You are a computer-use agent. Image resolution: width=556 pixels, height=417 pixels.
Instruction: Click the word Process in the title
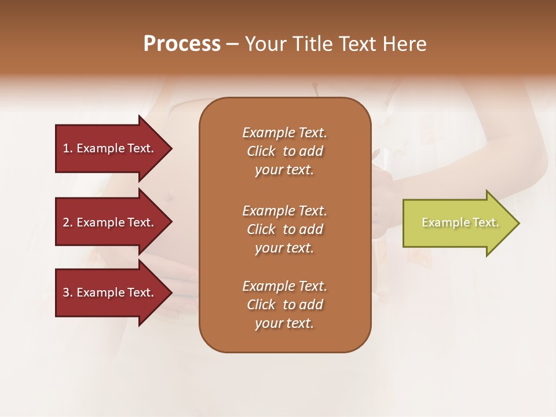point(182,44)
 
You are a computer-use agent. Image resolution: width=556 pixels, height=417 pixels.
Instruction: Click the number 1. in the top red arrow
point(68,148)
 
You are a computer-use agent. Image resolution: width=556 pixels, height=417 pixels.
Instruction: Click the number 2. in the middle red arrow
point(68,222)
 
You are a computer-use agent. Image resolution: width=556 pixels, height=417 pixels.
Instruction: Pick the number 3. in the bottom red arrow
point(68,292)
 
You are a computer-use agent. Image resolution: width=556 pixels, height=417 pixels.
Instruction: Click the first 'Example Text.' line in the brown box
point(284,133)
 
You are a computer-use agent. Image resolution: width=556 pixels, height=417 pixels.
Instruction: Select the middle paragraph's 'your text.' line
point(284,248)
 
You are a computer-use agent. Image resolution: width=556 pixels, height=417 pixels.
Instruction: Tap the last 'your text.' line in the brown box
point(284,324)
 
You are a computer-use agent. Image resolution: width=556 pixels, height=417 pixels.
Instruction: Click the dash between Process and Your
point(232,44)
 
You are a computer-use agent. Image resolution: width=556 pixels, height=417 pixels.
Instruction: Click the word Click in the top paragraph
point(261,151)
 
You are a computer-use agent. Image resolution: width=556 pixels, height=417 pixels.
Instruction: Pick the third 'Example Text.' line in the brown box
point(284,286)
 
